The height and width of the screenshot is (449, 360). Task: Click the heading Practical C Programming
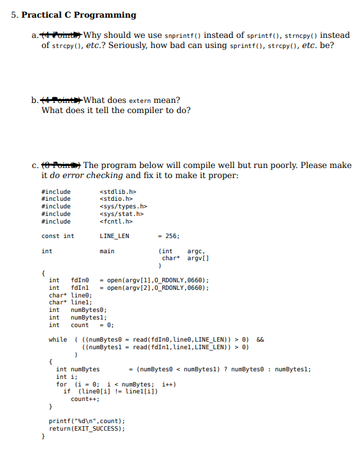[78, 15]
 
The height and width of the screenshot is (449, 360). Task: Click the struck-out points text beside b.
[62, 100]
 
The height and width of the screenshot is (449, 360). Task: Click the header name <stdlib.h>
[118, 191]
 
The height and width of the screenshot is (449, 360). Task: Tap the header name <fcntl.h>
[116, 222]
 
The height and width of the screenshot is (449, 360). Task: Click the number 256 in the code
[172, 236]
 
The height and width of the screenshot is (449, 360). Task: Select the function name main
[107, 251]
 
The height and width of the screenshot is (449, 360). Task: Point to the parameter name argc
[195, 251]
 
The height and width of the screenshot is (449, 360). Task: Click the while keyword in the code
[57, 340]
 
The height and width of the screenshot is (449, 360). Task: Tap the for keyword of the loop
[61, 384]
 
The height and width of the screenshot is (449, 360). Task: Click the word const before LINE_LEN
[50, 236]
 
